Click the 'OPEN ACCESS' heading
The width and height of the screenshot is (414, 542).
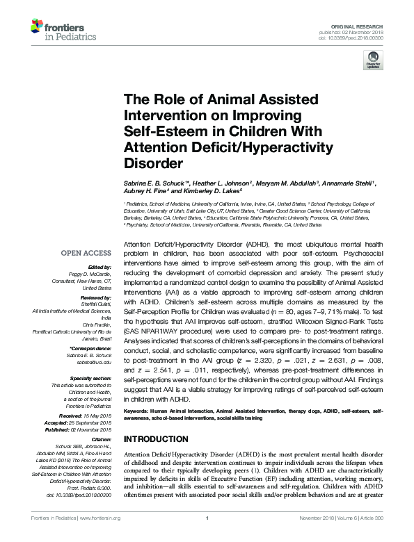click(x=87, y=253)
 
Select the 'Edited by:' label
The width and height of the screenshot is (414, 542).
click(x=99, y=268)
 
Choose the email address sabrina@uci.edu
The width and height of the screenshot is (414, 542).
click(x=95, y=354)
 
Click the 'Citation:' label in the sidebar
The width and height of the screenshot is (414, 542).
click(x=99, y=439)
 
